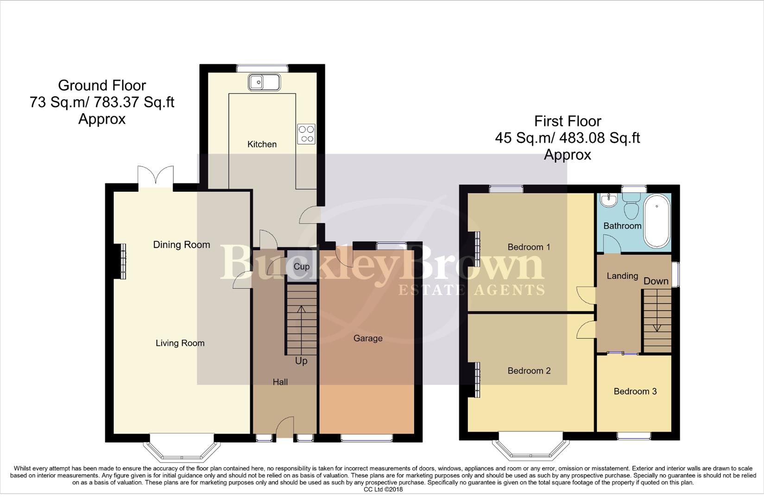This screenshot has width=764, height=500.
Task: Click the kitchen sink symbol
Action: coord(264,83)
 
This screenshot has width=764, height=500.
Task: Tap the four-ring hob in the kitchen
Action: coord(306,134)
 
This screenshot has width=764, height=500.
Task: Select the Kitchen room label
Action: coord(262,144)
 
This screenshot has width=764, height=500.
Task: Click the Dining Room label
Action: coord(182,245)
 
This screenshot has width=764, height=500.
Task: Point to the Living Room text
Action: coord(180,343)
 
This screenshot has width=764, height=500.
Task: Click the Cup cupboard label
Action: coord(302,267)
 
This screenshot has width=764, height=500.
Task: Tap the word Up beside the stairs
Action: coord(301,361)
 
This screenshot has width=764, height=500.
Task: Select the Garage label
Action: coord(368,338)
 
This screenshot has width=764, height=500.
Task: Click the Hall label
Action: coord(280,382)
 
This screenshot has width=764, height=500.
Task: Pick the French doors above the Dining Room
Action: coord(156,177)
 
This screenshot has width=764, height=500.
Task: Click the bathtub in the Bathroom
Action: coord(657,221)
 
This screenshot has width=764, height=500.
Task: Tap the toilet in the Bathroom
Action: coord(631,206)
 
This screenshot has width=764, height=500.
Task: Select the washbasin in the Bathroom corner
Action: coord(607,200)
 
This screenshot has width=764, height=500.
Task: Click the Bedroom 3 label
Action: coord(635,392)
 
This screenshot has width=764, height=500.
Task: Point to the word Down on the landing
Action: coord(656,281)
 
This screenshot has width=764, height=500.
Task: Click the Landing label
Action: coord(622,276)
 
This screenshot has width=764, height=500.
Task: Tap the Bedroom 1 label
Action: coord(529,247)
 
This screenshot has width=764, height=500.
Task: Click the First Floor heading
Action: coord(568,121)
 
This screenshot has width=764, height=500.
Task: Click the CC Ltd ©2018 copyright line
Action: coord(383,489)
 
